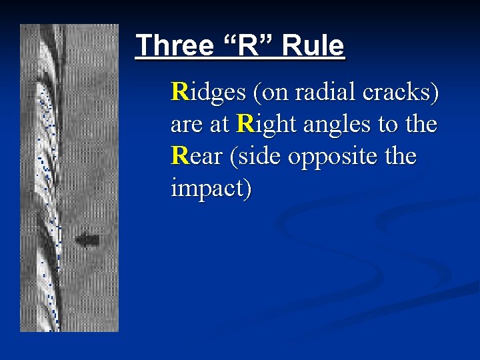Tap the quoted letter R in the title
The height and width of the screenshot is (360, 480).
(x=245, y=46)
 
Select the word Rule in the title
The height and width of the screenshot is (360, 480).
(x=313, y=46)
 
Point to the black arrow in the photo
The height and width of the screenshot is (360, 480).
(x=88, y=239)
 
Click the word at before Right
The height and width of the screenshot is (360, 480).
(x=221, y=125)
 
